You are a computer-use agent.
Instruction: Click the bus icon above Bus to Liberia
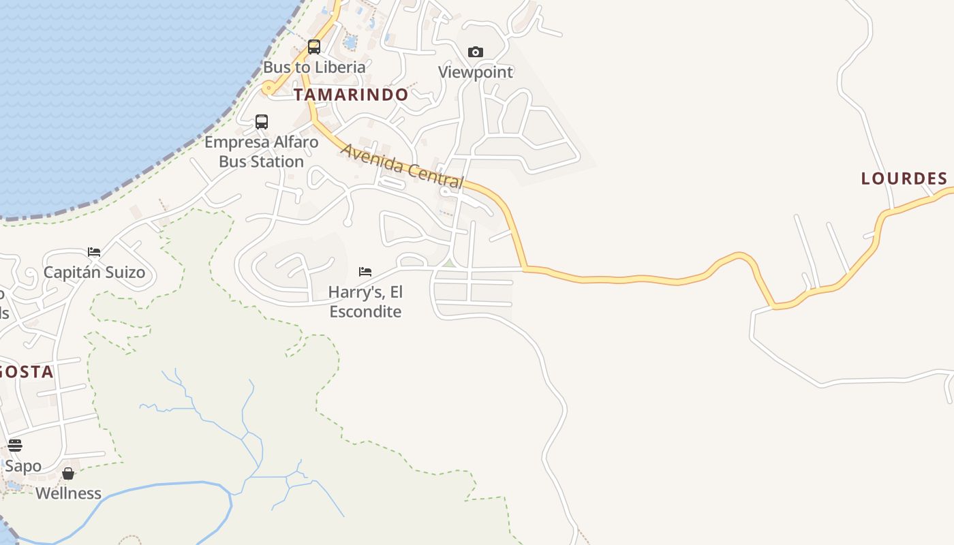314,47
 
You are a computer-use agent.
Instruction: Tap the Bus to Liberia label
314,67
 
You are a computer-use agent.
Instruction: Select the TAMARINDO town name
351,95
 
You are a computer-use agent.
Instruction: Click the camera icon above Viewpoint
476,52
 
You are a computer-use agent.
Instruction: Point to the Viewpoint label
476,72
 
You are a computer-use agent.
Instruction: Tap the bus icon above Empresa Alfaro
262,122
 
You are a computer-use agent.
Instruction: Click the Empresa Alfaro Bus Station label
262,152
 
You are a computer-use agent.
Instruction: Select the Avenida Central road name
403,166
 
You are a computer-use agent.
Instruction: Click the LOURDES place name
904,178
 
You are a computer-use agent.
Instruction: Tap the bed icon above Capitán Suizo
94,252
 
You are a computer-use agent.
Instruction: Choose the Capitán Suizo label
94,272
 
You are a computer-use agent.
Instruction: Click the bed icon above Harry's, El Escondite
365,272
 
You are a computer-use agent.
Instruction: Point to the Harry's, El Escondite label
365,302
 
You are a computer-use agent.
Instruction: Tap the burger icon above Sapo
15,446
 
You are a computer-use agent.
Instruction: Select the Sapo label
23,467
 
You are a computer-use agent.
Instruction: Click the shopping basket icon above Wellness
68,473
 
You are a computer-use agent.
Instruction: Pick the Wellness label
68,493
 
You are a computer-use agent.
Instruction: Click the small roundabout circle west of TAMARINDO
268,88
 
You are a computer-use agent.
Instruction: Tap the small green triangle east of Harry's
448,263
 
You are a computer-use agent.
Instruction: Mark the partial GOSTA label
26,372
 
